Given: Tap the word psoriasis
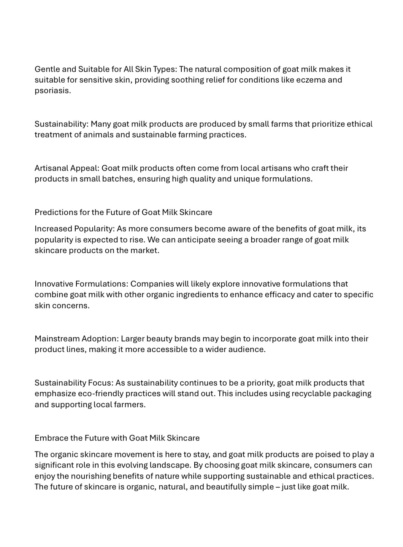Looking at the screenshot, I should tap(52, 91).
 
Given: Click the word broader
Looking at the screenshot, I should tap(264, 240).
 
